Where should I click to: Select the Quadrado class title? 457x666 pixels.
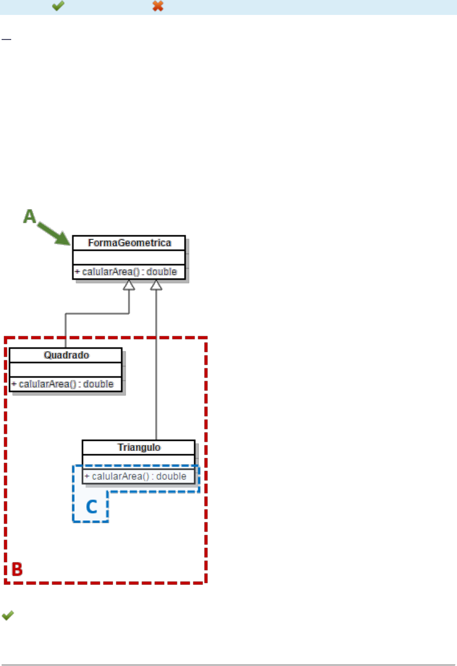[65, 355]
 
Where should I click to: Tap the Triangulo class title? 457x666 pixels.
[138, 447]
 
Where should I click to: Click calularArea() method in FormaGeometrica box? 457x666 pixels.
[125, 272]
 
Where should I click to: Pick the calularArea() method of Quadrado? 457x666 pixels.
[62, 384]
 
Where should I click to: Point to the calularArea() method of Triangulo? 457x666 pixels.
[135, 476]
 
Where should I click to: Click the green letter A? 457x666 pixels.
[30, 216]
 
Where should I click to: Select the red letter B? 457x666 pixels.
[18, 569]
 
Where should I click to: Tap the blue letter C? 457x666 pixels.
[91, 507]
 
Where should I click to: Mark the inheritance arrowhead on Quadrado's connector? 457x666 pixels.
[129, 286]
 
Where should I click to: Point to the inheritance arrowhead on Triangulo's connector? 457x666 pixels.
[156, 286]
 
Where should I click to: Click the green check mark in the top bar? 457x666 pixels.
[58, 6]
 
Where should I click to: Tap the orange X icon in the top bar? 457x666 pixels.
[158, 6]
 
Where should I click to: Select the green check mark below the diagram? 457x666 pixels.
[7, 616]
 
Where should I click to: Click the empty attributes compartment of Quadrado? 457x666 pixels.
[65, 369]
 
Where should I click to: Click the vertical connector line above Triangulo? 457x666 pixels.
[156, 374]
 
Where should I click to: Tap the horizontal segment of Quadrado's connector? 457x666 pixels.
[96, 314]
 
